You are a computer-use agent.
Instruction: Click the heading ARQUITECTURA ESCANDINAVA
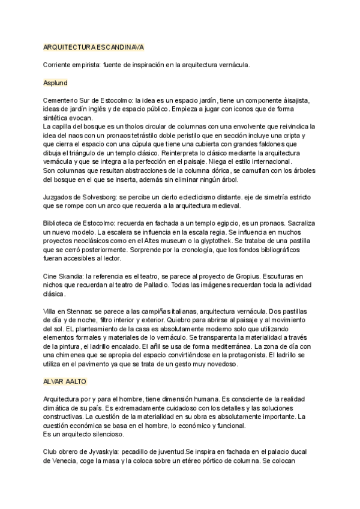[x=93, y=46]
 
